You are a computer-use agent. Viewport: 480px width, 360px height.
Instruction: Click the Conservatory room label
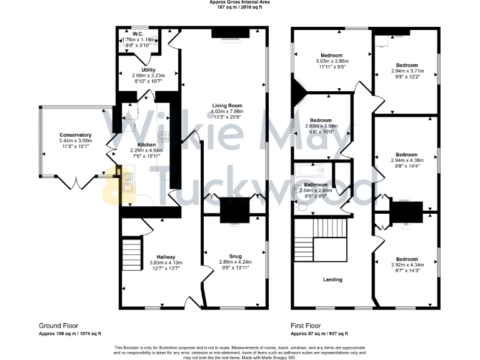point(76,135)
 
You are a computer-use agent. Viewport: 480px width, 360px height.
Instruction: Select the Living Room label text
point(227,105)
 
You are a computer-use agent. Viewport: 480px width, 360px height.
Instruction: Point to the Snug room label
point(235,256)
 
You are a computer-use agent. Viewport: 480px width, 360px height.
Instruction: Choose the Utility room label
point(148,69)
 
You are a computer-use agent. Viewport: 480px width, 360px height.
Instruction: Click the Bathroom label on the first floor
point(316,185)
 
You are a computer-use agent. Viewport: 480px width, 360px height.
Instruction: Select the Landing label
point(332,279)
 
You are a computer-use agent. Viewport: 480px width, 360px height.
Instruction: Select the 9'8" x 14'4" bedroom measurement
point(406,166)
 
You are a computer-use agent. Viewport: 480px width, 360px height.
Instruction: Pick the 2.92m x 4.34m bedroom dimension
point(406,264)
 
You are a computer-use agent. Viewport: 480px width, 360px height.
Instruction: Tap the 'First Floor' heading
point(306,326)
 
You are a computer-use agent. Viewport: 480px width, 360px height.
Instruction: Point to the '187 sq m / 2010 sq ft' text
point(240,7)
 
